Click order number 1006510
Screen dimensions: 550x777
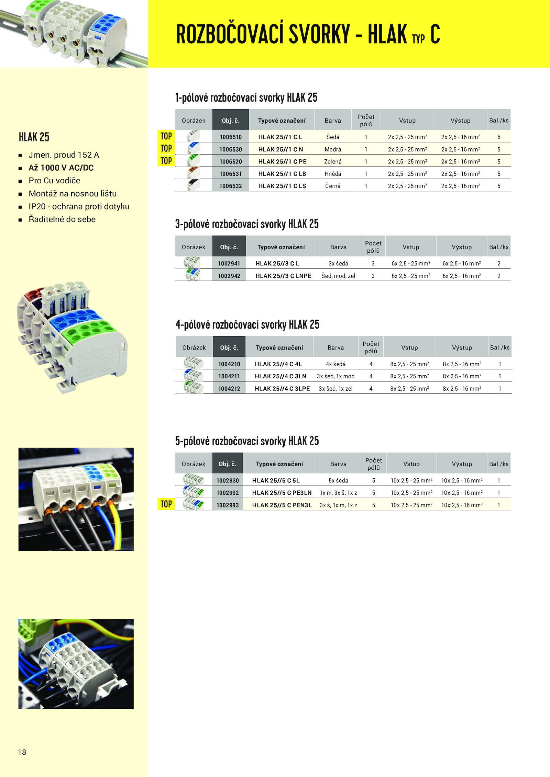coord(231,137)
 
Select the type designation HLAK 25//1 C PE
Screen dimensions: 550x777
coord(282,161)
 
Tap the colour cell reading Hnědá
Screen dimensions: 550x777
coord(333,174)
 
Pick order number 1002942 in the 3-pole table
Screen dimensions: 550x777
coord(229,276)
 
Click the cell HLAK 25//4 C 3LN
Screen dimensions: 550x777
coord(280,376)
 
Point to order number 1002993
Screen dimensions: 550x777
coord(228,505)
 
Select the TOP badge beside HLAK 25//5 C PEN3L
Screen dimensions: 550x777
coord(166,504)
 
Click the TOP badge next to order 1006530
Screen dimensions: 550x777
coord(166,148)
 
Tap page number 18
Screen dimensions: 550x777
coord(22,752)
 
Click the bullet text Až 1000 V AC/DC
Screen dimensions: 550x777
coord(61,168)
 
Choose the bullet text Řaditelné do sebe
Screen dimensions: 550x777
coord(62,219)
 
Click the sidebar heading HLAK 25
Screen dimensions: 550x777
coord(34,137)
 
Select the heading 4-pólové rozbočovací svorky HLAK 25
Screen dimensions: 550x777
coord(247,325)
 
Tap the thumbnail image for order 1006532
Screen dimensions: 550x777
coord(194,185)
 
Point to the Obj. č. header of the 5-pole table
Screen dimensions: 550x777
coord(228,464)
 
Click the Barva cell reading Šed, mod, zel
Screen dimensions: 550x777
coord(338,276)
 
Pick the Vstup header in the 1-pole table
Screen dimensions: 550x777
coord(407,121)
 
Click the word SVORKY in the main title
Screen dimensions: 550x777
coord(319,34)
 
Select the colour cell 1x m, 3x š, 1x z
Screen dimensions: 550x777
coord(338,493)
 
